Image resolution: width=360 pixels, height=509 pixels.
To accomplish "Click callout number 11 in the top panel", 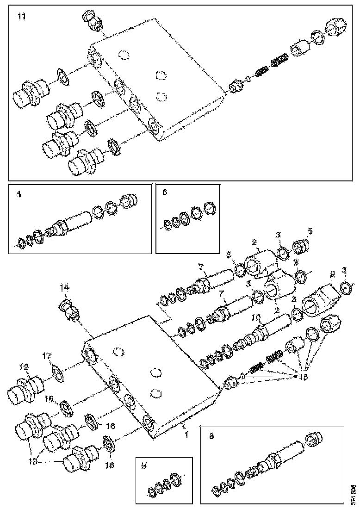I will coord(21,17).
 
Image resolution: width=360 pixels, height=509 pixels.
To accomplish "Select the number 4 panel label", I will coord(19,195).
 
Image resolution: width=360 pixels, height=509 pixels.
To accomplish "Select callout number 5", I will coord(310,230).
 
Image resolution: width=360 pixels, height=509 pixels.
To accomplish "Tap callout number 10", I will coord(257,319).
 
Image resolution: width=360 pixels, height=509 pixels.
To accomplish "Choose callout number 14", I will coord(64,288).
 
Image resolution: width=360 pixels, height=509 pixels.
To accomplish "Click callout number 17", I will coord(47,356).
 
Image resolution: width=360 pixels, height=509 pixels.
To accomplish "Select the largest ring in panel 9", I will coord(176,479).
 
